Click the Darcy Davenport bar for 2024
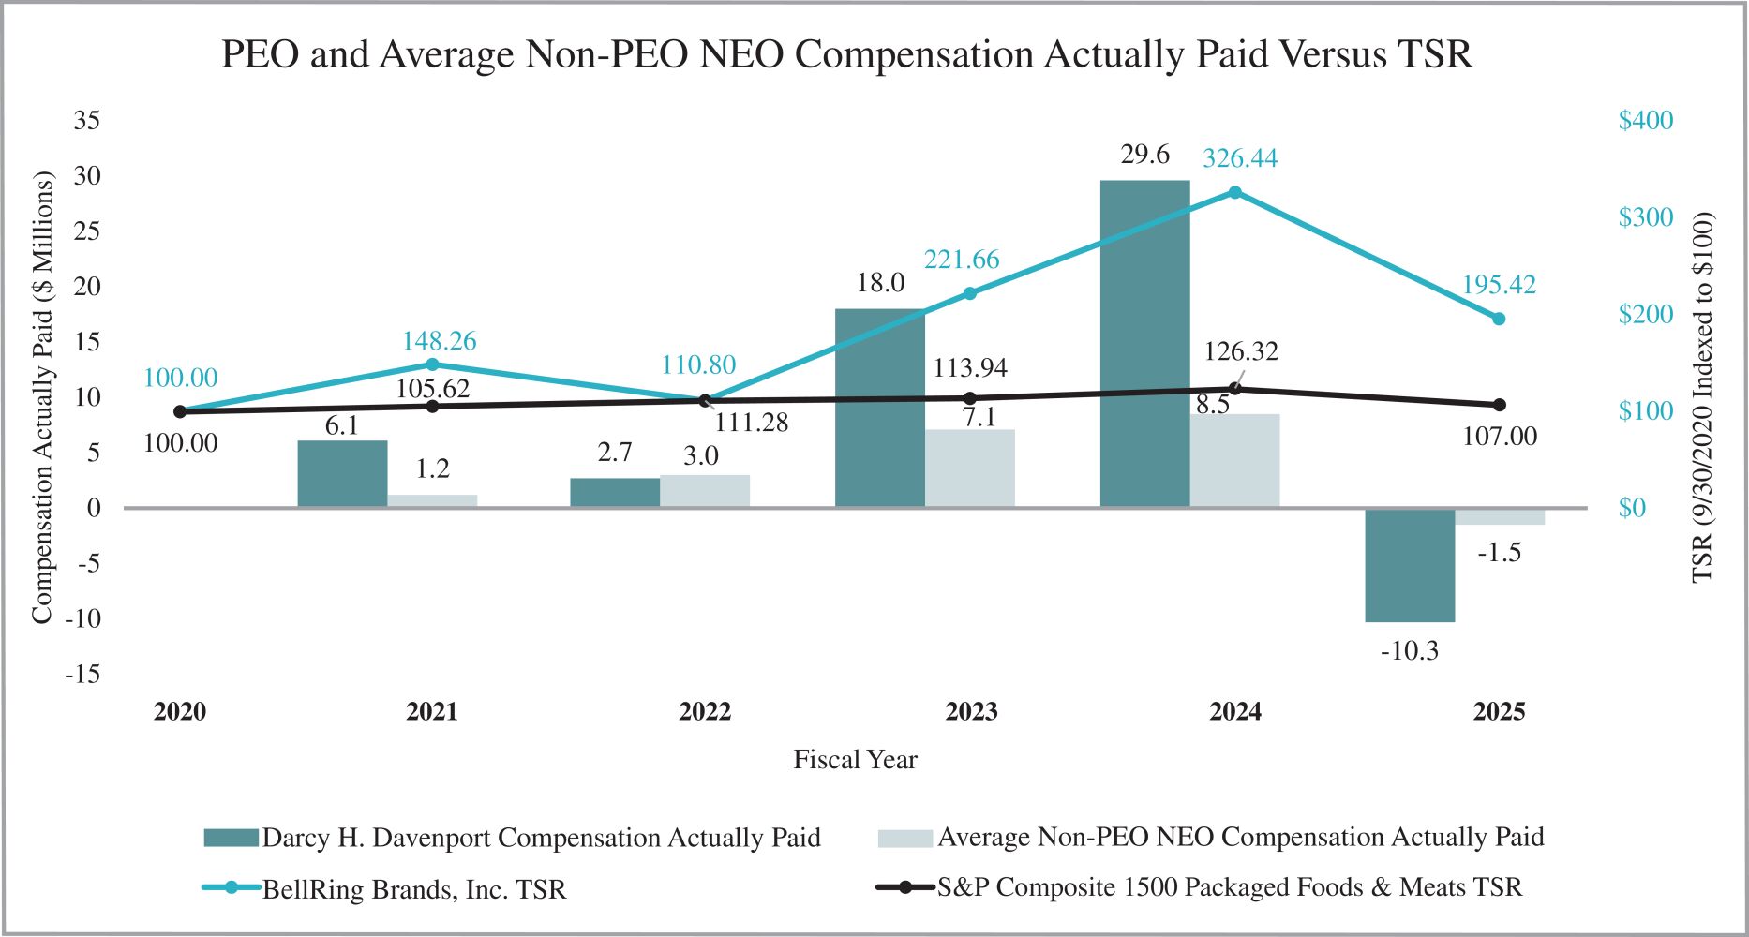[x=1144, y=344]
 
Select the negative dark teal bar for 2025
[x=1410, y=565]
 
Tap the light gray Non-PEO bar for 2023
[x=969, y=468]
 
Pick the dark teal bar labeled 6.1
[x=342, y=474]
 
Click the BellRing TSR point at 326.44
[x=1234, y=192]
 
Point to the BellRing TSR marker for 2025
[x=1498, y=319]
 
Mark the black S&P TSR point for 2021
[x=432, y=406]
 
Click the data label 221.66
[x=962, y=260]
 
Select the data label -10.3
[x=1409, y=650]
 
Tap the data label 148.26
[x=439, y=341]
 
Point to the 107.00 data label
[x=1500, y=437]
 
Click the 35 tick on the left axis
[x=87, y=120]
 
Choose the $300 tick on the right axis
[x=1645, y=217]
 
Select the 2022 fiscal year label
[x=705, y=712]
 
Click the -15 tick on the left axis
[x=82, y=674]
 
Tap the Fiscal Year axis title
[x=855, y=759]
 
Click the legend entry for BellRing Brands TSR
[x=413, y=888]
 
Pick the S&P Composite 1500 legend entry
[x=1229, y=886]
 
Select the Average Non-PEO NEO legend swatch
[x=904, y=838]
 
